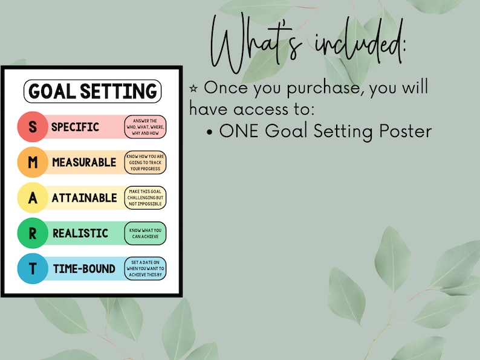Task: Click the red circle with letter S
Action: [33, 127]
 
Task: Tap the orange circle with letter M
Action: [33, 162]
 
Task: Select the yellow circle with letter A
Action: [33, 198]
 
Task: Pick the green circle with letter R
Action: [33, 233]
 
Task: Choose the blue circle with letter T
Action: [33, 268]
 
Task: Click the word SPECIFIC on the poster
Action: [75, 127]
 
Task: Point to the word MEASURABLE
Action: [84, 162]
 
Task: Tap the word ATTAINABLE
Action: [84, 198]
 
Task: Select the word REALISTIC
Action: [80, 233]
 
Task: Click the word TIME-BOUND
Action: [84, 268]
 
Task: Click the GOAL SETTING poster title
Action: [92, 91]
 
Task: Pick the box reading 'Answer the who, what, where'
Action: [145, 127]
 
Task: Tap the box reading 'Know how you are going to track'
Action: [145, 162]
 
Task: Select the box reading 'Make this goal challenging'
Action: [145, 198]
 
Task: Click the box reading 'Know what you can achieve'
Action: [145, 233]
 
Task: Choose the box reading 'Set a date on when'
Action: [145, 268]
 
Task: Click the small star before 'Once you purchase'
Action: [194, 88]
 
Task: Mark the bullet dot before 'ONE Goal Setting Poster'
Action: [210, 132]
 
